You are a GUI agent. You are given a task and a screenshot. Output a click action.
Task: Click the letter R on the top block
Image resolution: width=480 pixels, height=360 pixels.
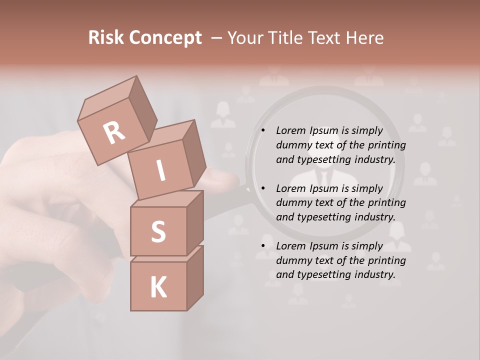click(114, 133)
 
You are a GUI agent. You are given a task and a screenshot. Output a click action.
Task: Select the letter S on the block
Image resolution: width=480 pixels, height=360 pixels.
click(158, 231)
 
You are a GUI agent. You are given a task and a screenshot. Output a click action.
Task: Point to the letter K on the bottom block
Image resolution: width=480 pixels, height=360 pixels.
click(158, 287)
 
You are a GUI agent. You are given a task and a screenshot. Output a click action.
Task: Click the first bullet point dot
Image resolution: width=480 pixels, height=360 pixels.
click(262, 130)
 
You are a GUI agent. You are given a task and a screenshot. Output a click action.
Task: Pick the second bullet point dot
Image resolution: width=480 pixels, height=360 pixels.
click(262, 188)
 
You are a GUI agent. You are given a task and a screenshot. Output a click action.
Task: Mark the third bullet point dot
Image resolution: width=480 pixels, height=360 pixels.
click(262, 246)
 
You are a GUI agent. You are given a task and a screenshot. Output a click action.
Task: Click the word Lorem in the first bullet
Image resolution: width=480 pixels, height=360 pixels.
click(290, 130)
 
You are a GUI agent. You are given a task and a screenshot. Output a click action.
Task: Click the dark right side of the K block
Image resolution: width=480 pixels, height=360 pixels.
click(195, 277)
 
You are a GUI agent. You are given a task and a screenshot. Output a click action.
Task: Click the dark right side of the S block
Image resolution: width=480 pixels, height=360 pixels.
click(195, 221)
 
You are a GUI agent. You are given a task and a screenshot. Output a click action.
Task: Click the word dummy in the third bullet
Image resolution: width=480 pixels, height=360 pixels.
click(294, 260)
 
